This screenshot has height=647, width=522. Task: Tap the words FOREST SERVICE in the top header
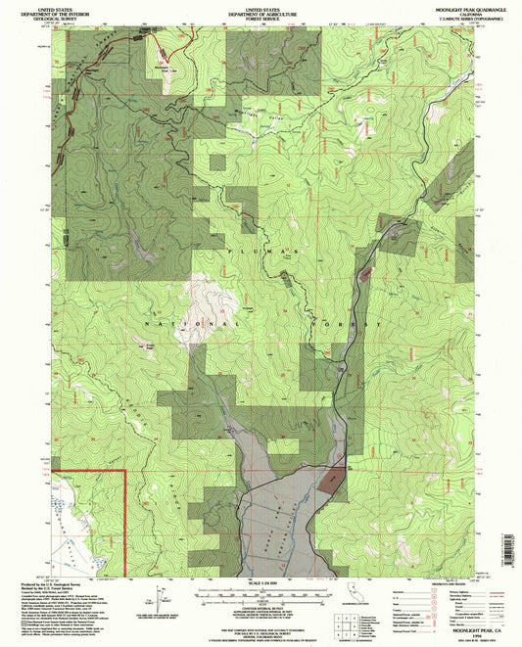coord(261,16)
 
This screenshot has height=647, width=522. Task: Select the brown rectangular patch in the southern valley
coord(331,480)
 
